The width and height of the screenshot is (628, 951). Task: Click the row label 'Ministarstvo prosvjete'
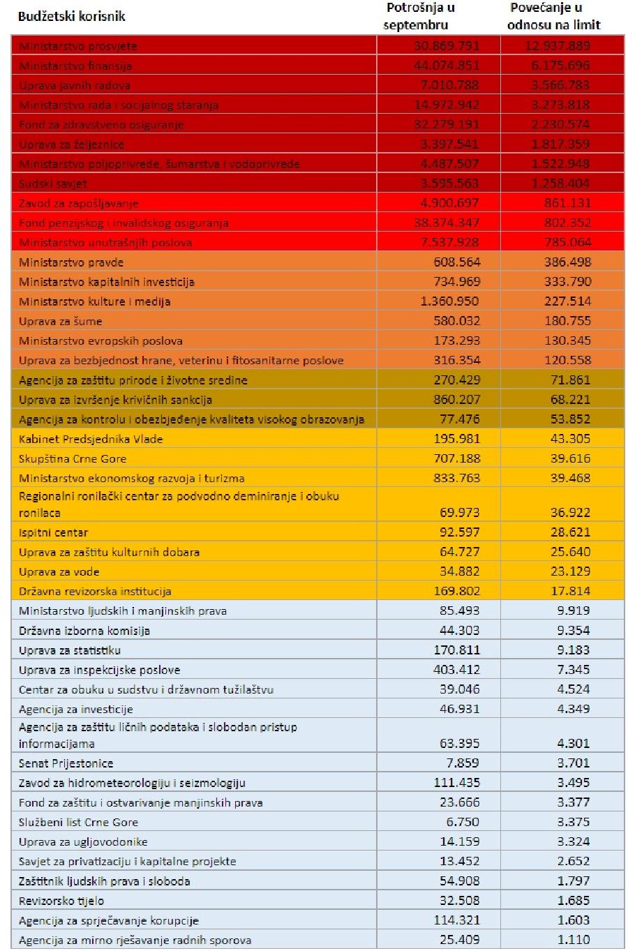(78, 47)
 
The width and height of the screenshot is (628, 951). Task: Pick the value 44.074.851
(447, 66)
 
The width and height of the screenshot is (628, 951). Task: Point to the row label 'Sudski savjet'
(54, 184)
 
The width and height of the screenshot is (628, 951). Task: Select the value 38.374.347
(447, 223)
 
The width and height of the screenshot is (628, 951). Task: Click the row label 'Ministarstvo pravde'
(71, 262)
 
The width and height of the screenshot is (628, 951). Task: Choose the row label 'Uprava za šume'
(61, 321)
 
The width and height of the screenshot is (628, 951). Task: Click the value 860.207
(456, 400)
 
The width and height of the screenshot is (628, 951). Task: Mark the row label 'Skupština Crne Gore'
(73, 458)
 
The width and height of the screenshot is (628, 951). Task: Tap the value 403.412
(456, 670)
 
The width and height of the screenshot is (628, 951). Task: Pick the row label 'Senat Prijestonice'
(66, 763)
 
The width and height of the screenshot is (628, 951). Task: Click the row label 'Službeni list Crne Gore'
(78, 822)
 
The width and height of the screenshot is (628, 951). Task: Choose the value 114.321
(456, 920)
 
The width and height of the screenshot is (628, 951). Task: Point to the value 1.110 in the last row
(574, 940)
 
